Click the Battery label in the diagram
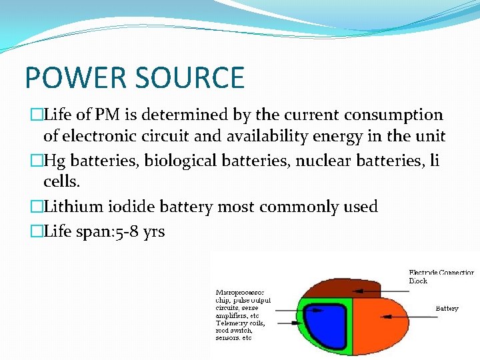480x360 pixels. [x=447, y=308]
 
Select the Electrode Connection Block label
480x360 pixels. [x=441, y=276]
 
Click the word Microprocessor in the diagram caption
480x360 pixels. [x=239, y=292]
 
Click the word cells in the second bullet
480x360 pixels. [x=59, y=182]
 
